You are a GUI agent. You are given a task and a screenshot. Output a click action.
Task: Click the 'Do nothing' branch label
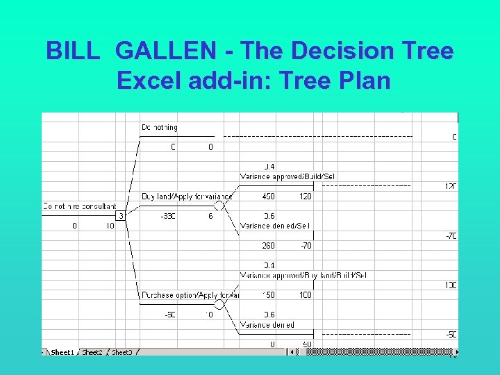click(160, 128)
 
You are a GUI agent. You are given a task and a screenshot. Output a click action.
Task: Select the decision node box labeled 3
click(120, 216)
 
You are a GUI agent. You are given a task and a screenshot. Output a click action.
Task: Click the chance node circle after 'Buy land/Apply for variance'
click(219, 206)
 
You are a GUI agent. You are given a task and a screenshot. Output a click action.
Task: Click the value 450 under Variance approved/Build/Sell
click(269, 197)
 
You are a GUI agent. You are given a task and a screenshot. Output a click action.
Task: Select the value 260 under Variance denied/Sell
click(269, 245)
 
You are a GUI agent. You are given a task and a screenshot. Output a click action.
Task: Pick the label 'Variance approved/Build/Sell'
click(287, 177)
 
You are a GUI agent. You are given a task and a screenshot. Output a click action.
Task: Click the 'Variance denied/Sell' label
click(275, 226)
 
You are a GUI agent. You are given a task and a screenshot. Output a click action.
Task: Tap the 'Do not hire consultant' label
click(78, 206)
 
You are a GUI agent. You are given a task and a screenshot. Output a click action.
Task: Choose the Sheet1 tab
click(62, 352)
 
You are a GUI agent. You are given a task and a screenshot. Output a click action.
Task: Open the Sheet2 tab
click(92, 352)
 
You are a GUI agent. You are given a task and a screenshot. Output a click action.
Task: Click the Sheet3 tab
click(122, 352)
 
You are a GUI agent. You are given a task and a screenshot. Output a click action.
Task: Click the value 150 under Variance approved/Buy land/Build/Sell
click(269, 295)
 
